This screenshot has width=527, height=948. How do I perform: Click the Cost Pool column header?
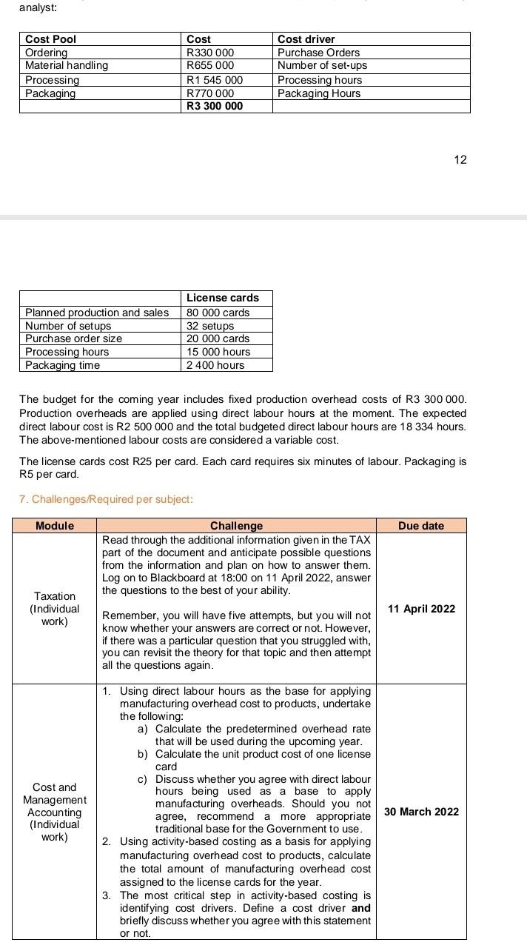click(50, 39)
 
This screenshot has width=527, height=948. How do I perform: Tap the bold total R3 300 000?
click(215, 106)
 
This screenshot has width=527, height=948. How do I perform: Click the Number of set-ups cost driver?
click(322, 65)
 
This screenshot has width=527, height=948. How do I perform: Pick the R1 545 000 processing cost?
click(215, 79)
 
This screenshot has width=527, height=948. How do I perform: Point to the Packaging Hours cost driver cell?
click(319, 93)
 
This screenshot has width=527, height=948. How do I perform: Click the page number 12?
click(460, 159)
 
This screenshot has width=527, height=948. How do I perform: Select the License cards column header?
click(223, 298)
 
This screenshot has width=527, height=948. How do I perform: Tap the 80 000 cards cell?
click(218, 313)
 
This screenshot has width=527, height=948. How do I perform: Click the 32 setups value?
click(210, 326)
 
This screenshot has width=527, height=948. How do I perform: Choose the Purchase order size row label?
click(73, 338)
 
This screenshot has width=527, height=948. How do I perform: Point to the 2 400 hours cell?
click(215, 365)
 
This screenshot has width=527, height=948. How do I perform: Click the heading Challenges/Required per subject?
click(106, 499)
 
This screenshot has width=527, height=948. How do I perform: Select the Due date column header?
click(420, 526)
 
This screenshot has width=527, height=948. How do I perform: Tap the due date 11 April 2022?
click(421, 609)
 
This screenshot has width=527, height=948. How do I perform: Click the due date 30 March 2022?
click(421, 812)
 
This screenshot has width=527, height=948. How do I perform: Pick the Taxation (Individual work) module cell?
click(54, 609)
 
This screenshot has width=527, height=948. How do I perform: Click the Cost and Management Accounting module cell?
click(54, 812)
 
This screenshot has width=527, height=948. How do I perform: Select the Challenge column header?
click(236, 526)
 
